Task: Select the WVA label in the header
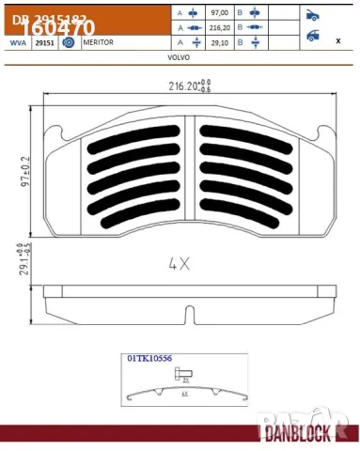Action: pos(17,43)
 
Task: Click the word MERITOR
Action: pos(99,43)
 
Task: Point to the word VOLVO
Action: pos(179,56)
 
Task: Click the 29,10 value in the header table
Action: pos(220,43)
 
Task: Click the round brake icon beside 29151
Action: pos(68,43)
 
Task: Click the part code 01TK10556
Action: pos(152,358)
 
